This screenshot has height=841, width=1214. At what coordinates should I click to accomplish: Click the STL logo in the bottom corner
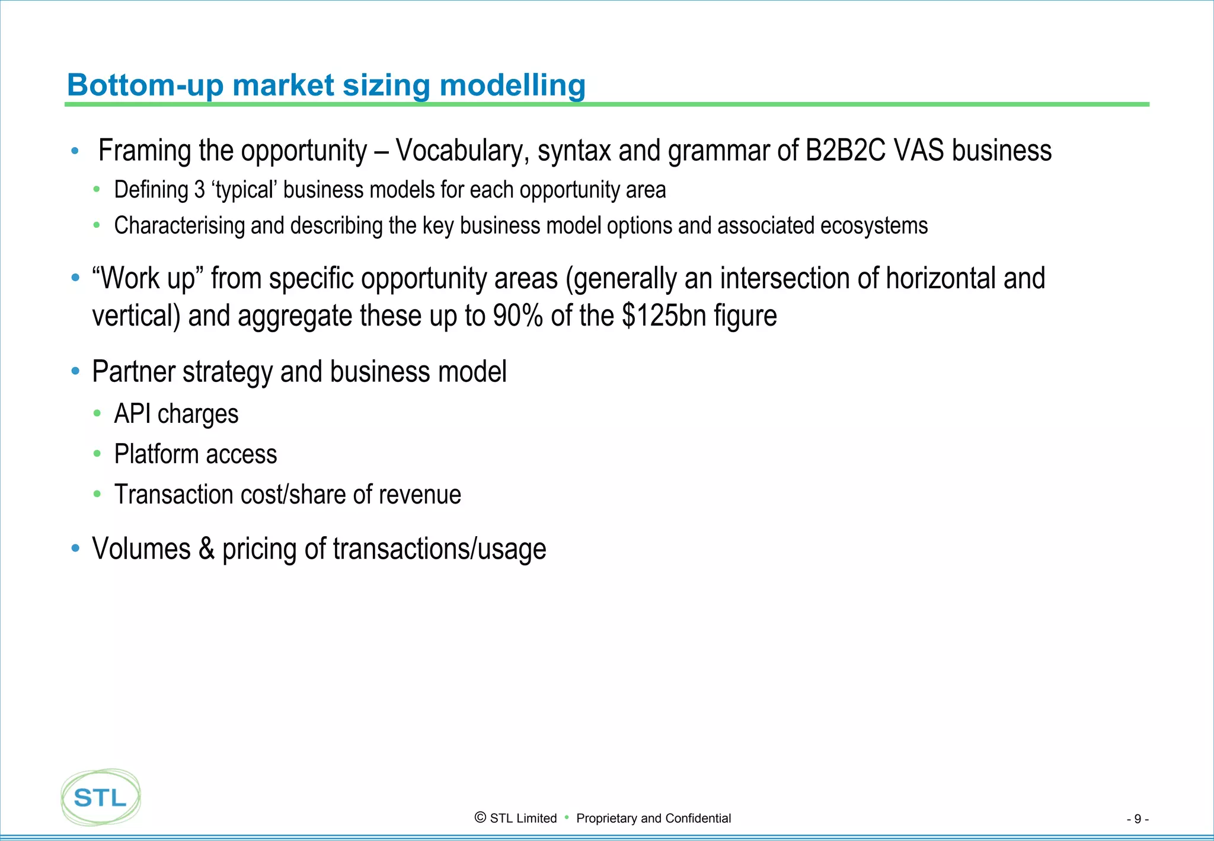click(x=101, y=798)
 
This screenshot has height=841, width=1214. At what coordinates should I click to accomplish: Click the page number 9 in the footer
click(x=1138, y=819)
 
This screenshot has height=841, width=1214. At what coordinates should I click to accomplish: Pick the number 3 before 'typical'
click(x=200, y=190)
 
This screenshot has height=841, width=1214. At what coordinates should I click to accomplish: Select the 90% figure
click(x=517, y=316)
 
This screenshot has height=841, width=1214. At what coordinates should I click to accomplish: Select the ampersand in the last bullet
click(x=206, y=549)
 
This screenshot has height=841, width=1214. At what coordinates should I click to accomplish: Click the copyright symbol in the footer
click(x=481, y=818)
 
